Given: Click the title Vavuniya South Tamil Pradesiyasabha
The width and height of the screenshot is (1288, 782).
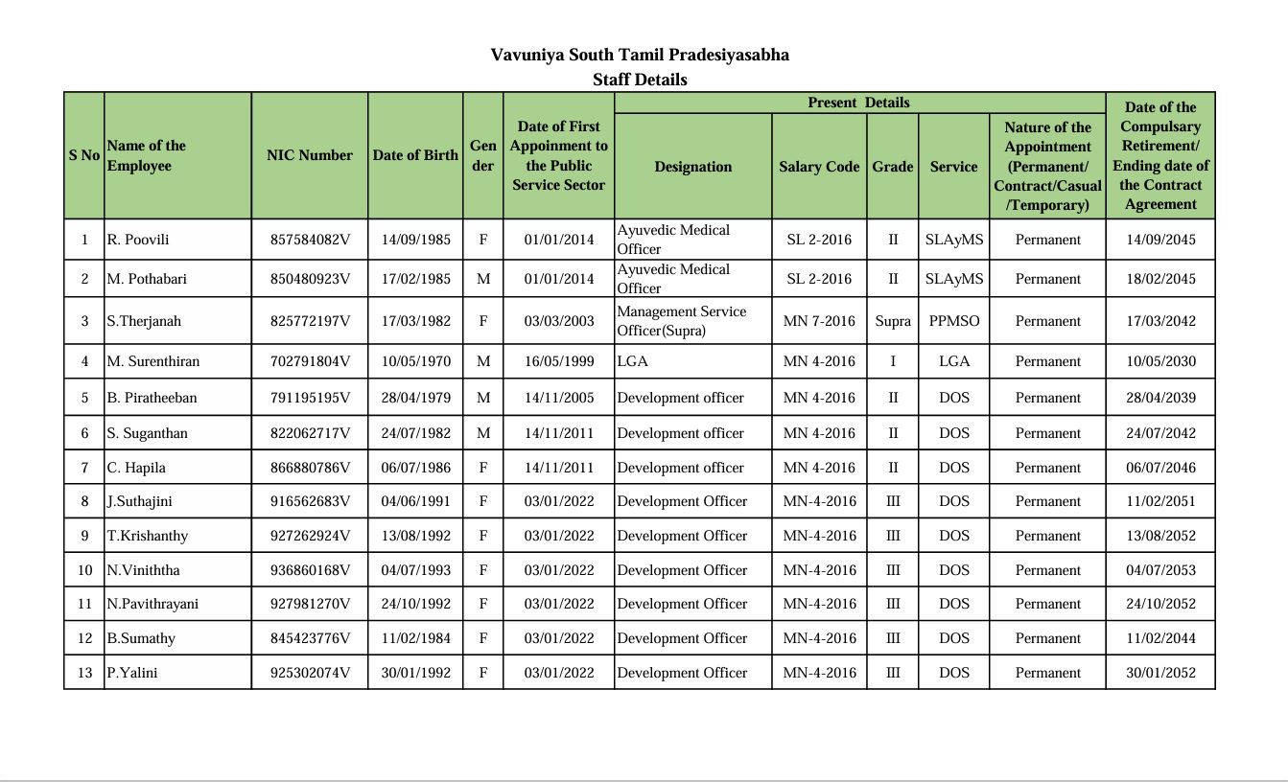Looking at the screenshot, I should [x=640, y=55].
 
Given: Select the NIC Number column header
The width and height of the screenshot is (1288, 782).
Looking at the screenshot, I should [x=310, y=155].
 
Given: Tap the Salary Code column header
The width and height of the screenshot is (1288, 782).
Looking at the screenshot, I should [x=819, y=167].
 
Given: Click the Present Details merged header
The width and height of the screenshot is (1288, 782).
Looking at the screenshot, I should [x=858, y=103].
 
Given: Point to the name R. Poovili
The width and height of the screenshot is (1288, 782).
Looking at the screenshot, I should [x=138, y=240].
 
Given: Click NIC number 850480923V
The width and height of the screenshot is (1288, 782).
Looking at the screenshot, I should [x=310, y=279].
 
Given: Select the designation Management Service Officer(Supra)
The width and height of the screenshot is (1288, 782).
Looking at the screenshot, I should [x=681, y=321].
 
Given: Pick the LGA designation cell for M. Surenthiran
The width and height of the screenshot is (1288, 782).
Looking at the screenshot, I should [x=633, y=361].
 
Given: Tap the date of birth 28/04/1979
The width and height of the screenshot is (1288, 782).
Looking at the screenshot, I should [x=415, y=398].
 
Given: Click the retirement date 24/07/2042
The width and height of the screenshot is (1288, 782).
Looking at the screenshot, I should [x=1160, y=433].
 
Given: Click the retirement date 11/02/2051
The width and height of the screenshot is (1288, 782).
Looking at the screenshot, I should [x=1160, y=501].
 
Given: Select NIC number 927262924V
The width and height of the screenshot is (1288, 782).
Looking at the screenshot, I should [x=310, y=536].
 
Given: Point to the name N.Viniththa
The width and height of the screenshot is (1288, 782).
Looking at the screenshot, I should [x=143, y=570].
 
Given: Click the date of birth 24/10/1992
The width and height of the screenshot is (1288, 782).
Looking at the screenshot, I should [x=415, y=604].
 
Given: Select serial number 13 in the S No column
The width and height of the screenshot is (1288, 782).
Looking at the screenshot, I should [x=84, y=673].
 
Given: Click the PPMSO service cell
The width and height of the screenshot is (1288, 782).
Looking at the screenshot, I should [x=954, y=321].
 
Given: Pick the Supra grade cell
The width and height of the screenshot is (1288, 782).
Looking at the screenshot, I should [x=893, y=321].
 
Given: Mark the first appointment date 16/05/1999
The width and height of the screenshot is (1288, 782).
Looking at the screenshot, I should [x=559, y=361].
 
